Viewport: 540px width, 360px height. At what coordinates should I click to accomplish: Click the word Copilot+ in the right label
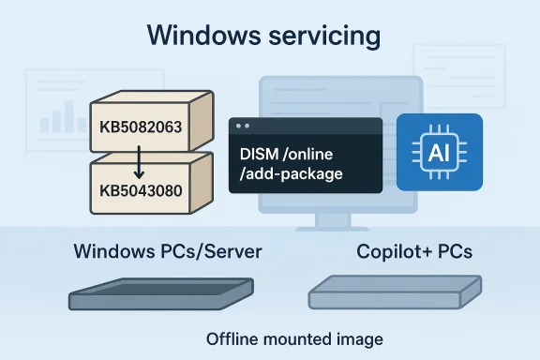[x=389, y=253]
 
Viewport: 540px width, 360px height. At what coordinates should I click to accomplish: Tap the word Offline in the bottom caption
[x=231, y=338]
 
